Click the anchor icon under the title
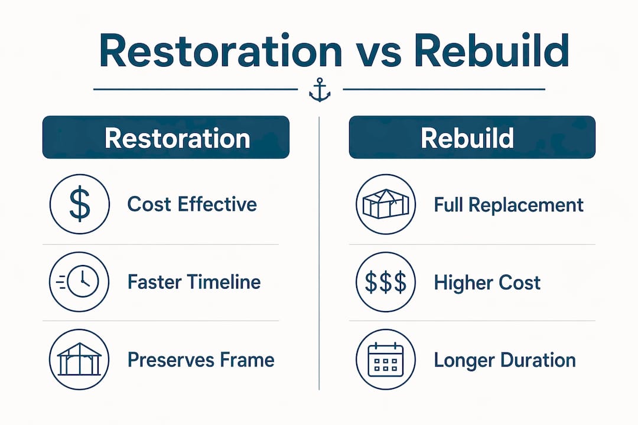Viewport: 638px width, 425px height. click(x=320, y=90)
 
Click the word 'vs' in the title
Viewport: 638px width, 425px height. click(x=377, y=51)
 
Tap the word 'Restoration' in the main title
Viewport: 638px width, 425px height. click(x=220, y=50)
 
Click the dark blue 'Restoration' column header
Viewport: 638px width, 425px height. click(x=165, y=137)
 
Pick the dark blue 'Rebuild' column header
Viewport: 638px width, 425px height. click(x=472, y=137)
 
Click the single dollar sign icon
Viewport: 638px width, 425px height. click(x=80, y=204)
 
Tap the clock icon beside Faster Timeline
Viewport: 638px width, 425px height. click(x=79, y=282)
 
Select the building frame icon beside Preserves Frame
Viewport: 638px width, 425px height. click(x=79, y=359)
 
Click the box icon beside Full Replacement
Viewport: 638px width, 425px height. click(x=386, y=204)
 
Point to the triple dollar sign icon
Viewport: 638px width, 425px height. click(x=386, y=282)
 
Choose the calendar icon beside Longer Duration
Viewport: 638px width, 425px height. click(x=386, y=359)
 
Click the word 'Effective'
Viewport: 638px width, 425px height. click(x=217, y=204)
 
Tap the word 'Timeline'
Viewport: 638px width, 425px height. click(x=221, y=282)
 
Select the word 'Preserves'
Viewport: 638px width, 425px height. click(x=171, y=359)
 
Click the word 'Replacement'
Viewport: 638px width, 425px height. click(x=526, y=205)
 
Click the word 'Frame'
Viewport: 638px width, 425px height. click(x=248, y=359)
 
